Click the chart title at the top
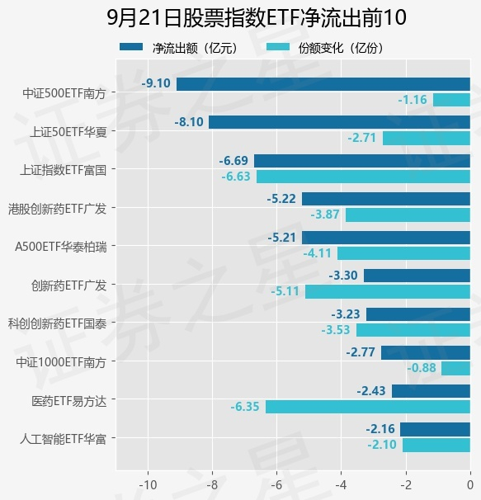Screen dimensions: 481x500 pyautogui.click(x=257, y=17)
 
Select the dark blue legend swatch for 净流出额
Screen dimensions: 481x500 pyautogui.click(x=131, y=47)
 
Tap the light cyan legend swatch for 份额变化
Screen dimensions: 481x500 pyautogui.click(x=278, y=47)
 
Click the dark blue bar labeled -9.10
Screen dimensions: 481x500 pyautogui.click(x=323, y=84)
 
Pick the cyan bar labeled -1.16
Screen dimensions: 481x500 pyautogui.click(x=451, y=100)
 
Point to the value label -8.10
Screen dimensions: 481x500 pyautogui.click(x=189, y=122)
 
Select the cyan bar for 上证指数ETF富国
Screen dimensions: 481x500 pyautogui.click(x=363, y=177)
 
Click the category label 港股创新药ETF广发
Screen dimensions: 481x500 pyautogui.click(x=58, y=209)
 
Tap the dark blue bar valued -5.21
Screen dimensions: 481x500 pyautogui.click(x=386, y=238)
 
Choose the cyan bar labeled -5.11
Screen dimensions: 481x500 pyautogui.click(x=388, y=292)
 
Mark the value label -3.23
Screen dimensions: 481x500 pyautogui.click(x=346, y=314)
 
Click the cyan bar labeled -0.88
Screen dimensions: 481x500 pyautogui.click(x=455, y=368)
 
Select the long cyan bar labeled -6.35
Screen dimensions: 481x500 pyautogui.click(x=368, y=407)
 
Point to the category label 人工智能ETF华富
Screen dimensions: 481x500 pyautogui.click(x=64, y=439)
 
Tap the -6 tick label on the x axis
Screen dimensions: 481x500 pyautogui.click(x=276, y=485)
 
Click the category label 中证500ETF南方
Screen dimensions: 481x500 pyautogui.click(x=64, y=93)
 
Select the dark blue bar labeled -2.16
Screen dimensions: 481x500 pyautogui.click(x=435, y=429)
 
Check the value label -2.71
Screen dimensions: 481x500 pyautogui.click(x=362, y=138)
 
